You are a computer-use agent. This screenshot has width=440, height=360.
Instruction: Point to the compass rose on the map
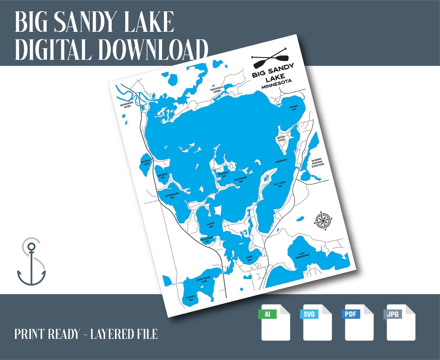click(323, 221)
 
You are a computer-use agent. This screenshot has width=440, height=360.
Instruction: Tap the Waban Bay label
click(293, 108)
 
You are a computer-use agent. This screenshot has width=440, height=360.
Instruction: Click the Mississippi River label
click(126, 106)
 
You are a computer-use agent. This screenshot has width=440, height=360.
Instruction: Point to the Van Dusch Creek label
click(216, 90)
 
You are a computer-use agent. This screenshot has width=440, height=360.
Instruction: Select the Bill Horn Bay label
click(279, 184)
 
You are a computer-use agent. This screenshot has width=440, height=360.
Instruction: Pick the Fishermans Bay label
click(170, 196)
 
